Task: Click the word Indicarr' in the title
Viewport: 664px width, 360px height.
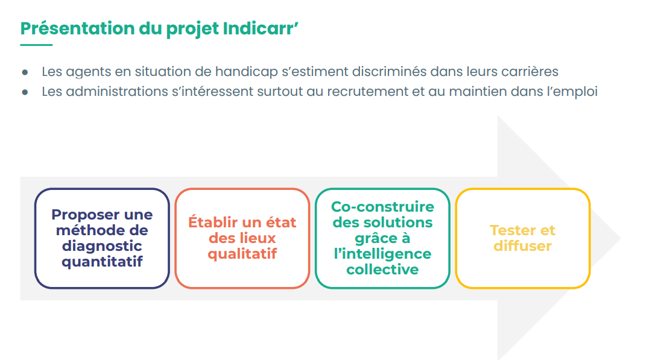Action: (x=261, y=28)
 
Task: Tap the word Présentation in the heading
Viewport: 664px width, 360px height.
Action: (x=77, y=28)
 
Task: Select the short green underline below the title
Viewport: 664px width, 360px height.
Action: (x=36, y=45)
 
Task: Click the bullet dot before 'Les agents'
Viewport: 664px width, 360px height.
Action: (x=25, y=72)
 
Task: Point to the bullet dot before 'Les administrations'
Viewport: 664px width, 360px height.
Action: (x=25, y=92)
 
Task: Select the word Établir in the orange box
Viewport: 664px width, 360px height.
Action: (x=213, y=221)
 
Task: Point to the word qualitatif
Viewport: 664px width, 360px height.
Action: (x=242, y=254)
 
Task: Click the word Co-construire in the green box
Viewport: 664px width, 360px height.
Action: (x=382, y=207)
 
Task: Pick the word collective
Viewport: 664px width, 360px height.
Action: (x=382, y=270)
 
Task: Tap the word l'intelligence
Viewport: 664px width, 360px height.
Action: (x=382, y=254)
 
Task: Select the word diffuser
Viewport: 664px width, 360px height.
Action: (x=522, y=246)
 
